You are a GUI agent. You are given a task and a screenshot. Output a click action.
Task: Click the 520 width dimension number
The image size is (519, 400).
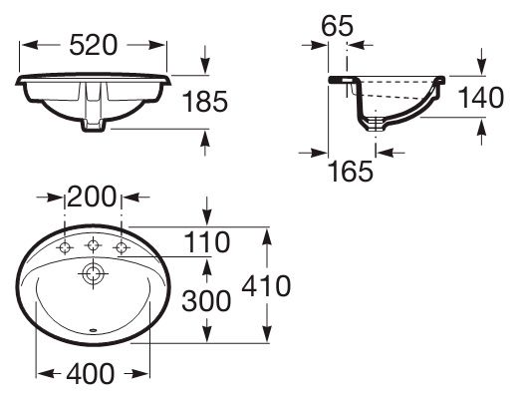pyautogui.click(x=94, y=45)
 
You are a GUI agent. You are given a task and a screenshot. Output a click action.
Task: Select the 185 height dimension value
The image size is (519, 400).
pyautogui.click(x=205, y=101)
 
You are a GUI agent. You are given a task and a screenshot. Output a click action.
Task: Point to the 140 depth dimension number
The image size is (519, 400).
pyautogui.click(x=481, y=97)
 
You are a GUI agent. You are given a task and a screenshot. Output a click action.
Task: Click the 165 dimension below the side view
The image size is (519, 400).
pyautogui.click(x=351, y=171)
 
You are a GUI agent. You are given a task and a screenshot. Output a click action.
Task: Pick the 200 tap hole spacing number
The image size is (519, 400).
pyautogui.click(x=92, y=197)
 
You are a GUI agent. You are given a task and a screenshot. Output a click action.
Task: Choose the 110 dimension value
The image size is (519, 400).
pyautogui.click(x=206, y=241)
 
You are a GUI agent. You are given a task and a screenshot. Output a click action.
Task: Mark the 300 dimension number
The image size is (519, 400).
pyautogui.click(x=206, y=301)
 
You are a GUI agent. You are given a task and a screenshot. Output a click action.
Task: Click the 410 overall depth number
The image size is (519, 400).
pyautogui.click(x=266, y=285)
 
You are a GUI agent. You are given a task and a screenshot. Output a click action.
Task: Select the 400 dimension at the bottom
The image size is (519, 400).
pyautogui.click(x=91, y=374)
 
